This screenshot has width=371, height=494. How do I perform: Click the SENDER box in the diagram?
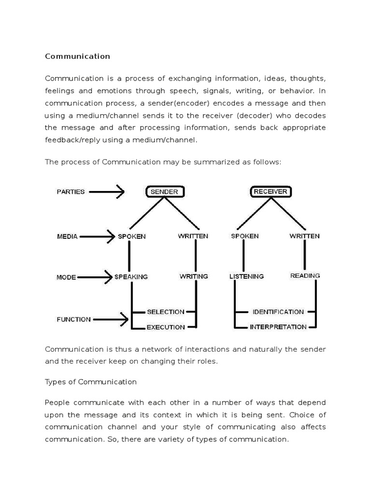(x=164, y=192)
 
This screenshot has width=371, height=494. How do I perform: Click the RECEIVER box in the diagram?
(x=271, y=192)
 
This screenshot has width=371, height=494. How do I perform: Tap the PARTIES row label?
(x=71, y=192)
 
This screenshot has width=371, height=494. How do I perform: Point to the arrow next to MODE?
(x=94, y=277)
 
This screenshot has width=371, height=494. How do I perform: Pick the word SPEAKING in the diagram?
(x=131, y=277)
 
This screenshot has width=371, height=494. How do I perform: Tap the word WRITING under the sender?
(x=194, y=276)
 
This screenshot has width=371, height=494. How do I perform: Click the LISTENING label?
(x=246, y=276)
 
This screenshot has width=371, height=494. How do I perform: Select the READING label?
(x=305, y=276)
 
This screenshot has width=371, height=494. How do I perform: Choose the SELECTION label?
(x=165, y=312)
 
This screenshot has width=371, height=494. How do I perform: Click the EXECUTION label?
(x=165, y=327)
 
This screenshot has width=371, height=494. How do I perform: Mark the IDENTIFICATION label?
(x=278, y=312)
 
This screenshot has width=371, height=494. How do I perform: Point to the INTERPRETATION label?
(x=278, y=327)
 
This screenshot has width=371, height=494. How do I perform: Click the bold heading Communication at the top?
(x=77, y=56)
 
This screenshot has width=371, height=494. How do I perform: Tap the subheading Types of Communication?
(x=91, y=382)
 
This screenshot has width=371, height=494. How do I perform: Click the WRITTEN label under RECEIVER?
(x=304, y=236)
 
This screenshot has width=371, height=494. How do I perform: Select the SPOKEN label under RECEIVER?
(x=244, y=236)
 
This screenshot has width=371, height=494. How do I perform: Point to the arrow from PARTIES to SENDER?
(x=107, y=192)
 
